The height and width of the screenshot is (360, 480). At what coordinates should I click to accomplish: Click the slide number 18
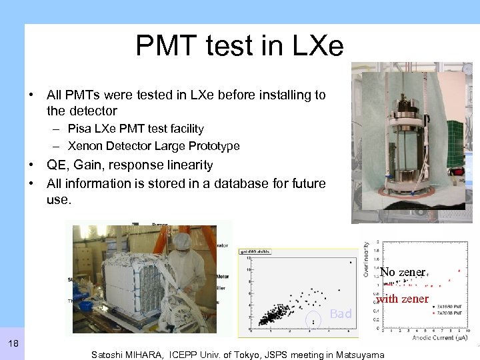tap(13, 343)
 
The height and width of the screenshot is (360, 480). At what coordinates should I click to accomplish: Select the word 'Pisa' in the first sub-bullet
tap(81, 129)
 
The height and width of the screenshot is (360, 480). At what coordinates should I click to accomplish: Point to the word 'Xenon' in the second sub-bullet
tap(85, 146)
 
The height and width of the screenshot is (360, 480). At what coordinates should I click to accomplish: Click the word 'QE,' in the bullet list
tap(59, 165)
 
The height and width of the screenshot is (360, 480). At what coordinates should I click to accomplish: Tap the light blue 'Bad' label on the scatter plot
tap(341, 314)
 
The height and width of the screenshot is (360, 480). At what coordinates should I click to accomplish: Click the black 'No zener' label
tap(403, 272)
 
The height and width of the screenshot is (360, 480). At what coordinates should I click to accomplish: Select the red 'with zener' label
tap(403, 299)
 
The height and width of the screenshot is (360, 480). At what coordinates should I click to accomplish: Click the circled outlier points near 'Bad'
tap(313, 321)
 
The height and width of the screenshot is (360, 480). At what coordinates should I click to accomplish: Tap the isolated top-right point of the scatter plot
tap(351, 262)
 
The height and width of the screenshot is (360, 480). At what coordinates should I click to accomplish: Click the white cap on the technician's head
tap(181, 240)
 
